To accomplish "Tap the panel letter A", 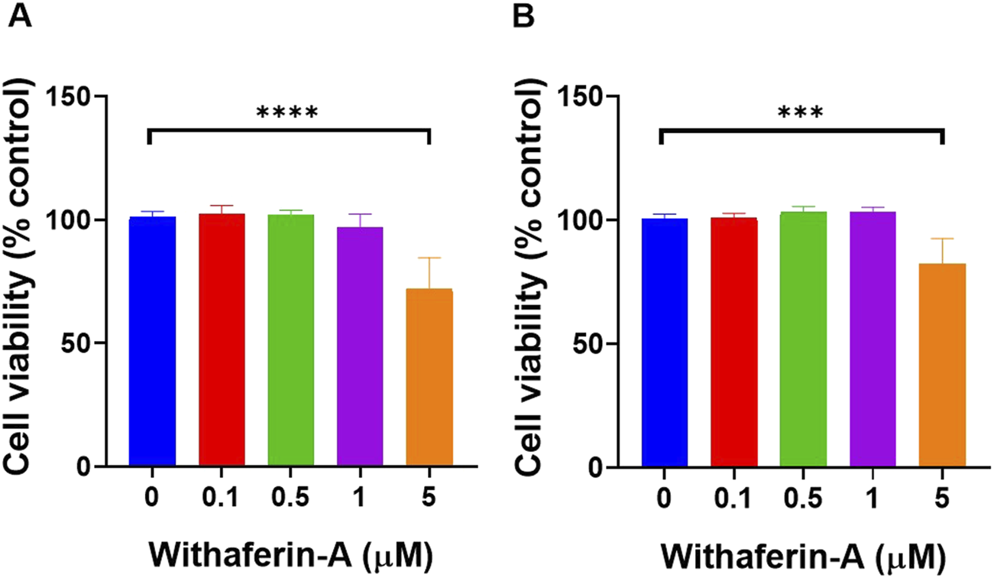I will (x=19, y=16).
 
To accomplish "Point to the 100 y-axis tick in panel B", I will (x=584, y=220).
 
